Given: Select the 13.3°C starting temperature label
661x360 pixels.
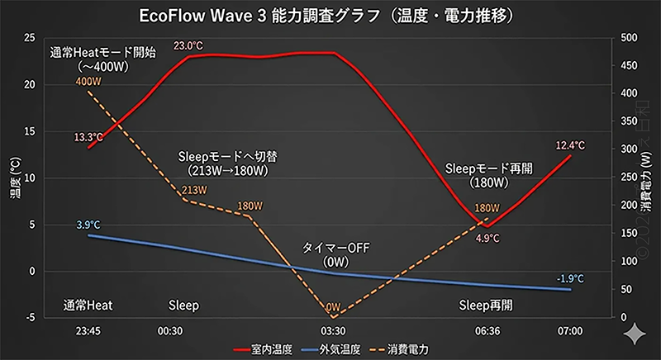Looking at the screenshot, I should tap(88, 137).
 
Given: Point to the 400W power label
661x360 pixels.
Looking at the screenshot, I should tap(88, 82).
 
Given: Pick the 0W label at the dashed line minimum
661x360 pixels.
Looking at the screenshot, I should tap(333, 306).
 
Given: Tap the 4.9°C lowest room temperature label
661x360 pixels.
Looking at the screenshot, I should tap(487, 238).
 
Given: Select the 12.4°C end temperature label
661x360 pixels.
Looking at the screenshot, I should tap(570, 146).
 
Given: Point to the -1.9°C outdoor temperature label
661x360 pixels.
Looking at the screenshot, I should tap(570, 278).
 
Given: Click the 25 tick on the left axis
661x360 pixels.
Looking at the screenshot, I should tap(30, 38).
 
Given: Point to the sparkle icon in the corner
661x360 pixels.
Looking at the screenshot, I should tap(635, 334).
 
